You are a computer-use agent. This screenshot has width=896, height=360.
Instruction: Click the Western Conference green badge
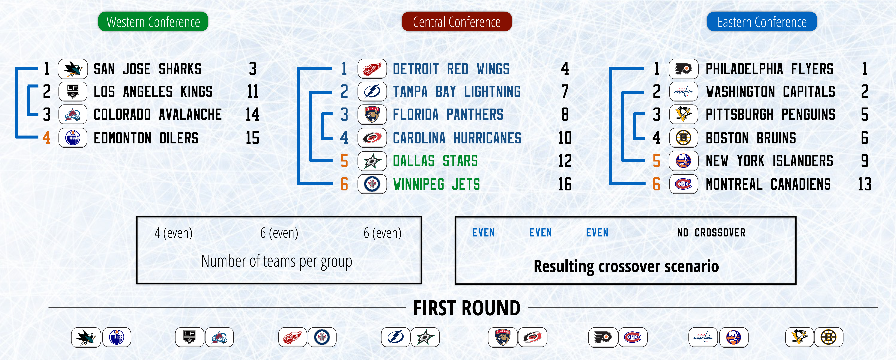[153, 22]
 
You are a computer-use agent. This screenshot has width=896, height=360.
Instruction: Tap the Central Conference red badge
[457, 22]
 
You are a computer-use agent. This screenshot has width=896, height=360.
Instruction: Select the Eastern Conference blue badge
[762, 22]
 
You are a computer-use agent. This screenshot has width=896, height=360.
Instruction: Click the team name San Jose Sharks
[147, 69]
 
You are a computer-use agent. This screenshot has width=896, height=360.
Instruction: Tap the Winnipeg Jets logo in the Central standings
[372, 184]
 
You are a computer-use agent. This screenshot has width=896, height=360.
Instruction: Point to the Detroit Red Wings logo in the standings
[372, 69]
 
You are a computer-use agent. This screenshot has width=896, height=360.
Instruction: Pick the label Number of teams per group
[276, 261]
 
